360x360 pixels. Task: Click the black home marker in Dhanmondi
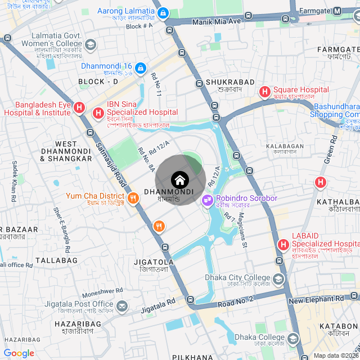coord(179,181)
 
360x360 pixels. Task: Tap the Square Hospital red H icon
coord(264,91)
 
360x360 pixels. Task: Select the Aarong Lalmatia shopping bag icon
coord(163,12)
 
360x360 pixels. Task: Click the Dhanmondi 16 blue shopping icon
coord(141,69)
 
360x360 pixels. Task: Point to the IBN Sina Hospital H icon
coord(98,113)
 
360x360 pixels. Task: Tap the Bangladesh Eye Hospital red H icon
coord(79,107)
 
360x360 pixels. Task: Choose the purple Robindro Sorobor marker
coord(208,199)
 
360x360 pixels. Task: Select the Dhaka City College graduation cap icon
coord(278,279)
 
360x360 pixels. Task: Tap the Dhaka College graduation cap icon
coord(293,338)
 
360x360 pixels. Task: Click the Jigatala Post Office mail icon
coord(123,305)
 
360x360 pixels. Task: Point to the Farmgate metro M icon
coord(337,11)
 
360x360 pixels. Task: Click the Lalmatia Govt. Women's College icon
coord(91,45)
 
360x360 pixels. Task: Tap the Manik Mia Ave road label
coord(216,21)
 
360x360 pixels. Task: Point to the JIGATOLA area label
coord(154,262)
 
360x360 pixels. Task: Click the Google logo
coord(19,353)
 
